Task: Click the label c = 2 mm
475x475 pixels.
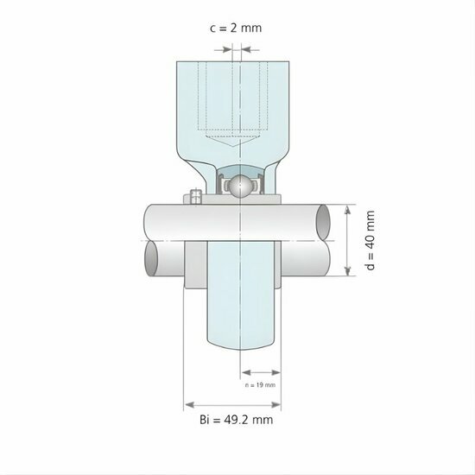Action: pos(237,28)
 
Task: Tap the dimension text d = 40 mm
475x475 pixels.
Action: pos(370,241)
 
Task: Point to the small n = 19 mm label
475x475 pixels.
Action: pos(259,384)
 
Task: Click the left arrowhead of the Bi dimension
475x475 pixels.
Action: pos(188,403)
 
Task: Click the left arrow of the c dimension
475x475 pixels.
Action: pos(227,50)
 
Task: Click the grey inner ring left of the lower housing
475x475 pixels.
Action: pos(196,263)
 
